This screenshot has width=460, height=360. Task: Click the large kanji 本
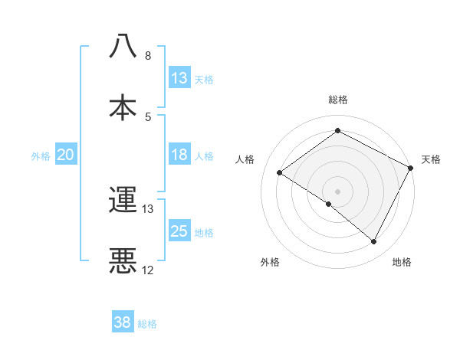click(x=123, y=106)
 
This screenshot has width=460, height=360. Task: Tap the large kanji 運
click(x=123, y=200)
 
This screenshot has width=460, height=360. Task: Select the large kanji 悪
click(x=123, y=260)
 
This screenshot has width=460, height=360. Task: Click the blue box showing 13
click(x=179, y=77)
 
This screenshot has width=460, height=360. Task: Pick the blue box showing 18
click(x=179, y=155)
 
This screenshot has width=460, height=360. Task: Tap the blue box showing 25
click(x=179, y=232)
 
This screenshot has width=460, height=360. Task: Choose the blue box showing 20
click(x=66, y=155)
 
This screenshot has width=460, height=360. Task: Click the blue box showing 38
click(x=123, y=322)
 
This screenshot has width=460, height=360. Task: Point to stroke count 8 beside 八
click(x=147, y=56)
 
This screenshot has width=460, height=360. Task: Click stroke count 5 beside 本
click(x=147, y=116)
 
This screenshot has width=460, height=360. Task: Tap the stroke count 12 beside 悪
click(x=148, y=270)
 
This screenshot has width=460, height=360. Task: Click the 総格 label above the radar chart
click(x=338, y=100)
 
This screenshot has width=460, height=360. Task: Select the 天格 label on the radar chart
click(x=431, y=159)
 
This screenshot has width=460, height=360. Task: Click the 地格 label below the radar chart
click(x=402, y=263)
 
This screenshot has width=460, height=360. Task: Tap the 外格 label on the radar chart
click(x=270, y=263)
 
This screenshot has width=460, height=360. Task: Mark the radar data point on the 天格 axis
click(x=410, y=168)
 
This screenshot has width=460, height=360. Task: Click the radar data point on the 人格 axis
click(x=280, y=172)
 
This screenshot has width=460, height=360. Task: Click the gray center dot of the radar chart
click(x=337, y=191)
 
